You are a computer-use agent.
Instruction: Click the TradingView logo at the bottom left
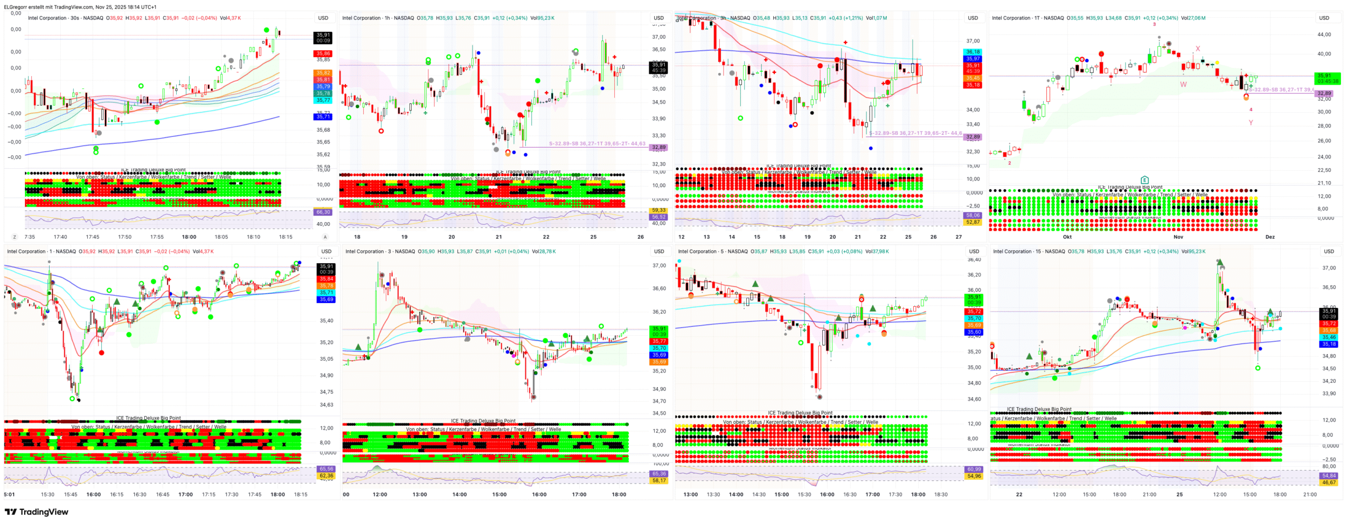coord(37,512)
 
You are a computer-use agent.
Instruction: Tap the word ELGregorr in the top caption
coord(16,7)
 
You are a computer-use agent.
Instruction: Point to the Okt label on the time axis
coord(1067,237)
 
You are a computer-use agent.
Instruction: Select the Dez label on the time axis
coord(1270,237)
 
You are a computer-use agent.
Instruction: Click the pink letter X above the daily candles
coord(1198,49)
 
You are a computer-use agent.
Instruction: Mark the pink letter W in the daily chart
coord(1183,85)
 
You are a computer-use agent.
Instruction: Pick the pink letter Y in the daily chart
coord(1251,123)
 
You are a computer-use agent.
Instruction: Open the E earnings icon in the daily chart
coord(1144,180)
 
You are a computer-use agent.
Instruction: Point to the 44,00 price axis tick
coord(1324,35)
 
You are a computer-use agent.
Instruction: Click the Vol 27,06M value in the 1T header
coord(1193,18)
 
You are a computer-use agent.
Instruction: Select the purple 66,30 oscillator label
coord(323,212)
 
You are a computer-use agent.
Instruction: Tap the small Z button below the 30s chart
coord(15,237)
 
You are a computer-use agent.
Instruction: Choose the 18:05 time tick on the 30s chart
coord(221,237)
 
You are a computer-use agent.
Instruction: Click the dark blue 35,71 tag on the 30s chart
coord(323,117)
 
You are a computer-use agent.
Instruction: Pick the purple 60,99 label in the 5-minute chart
coord(974,469)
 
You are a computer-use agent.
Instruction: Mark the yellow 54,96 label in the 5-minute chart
coord(974,476)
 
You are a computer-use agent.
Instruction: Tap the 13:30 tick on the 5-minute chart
coord(713,494)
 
